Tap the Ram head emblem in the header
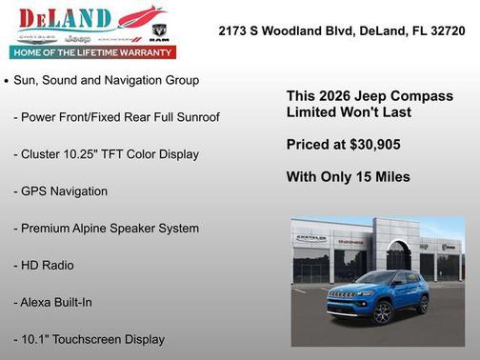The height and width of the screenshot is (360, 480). pos(159,31)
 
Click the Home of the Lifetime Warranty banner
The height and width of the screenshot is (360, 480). pos(91,53)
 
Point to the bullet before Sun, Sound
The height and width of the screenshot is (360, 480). pos(8,82)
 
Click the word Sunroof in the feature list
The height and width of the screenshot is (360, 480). pos(197,117)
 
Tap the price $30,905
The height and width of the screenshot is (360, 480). pos(371,145)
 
